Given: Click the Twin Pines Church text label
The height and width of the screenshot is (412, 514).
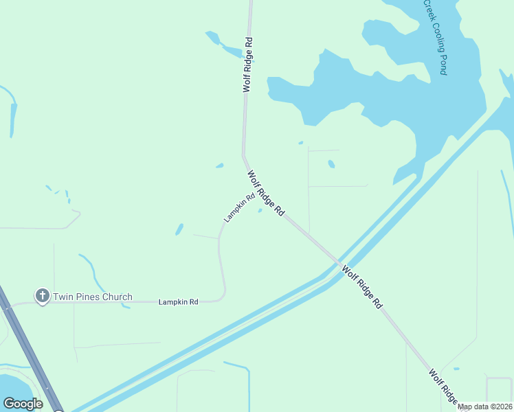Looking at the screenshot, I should (x=93, y=297).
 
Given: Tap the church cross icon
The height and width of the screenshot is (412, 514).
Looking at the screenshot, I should (x=42, y=296).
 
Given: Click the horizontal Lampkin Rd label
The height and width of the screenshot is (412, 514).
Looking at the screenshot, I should (x=178, y=301).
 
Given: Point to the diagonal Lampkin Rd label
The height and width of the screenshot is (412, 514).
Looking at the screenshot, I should (x=239, y=207).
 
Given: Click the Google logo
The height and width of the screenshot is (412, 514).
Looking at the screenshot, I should (x=23, y=404).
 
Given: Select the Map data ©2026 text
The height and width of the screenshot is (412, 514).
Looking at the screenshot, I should (x=485, y=407).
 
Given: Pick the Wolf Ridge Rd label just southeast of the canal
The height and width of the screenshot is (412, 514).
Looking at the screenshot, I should (x=361, y=287).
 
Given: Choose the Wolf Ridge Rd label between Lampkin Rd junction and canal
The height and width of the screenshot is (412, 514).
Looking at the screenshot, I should (x=266, y=194).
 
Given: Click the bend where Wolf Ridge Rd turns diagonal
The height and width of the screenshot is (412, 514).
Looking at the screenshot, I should (x=243, y=156).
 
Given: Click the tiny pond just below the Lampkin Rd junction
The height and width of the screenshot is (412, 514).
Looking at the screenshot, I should (x=260, y=211).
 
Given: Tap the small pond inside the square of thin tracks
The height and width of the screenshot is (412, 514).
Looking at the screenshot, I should (x=331, y=164).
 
